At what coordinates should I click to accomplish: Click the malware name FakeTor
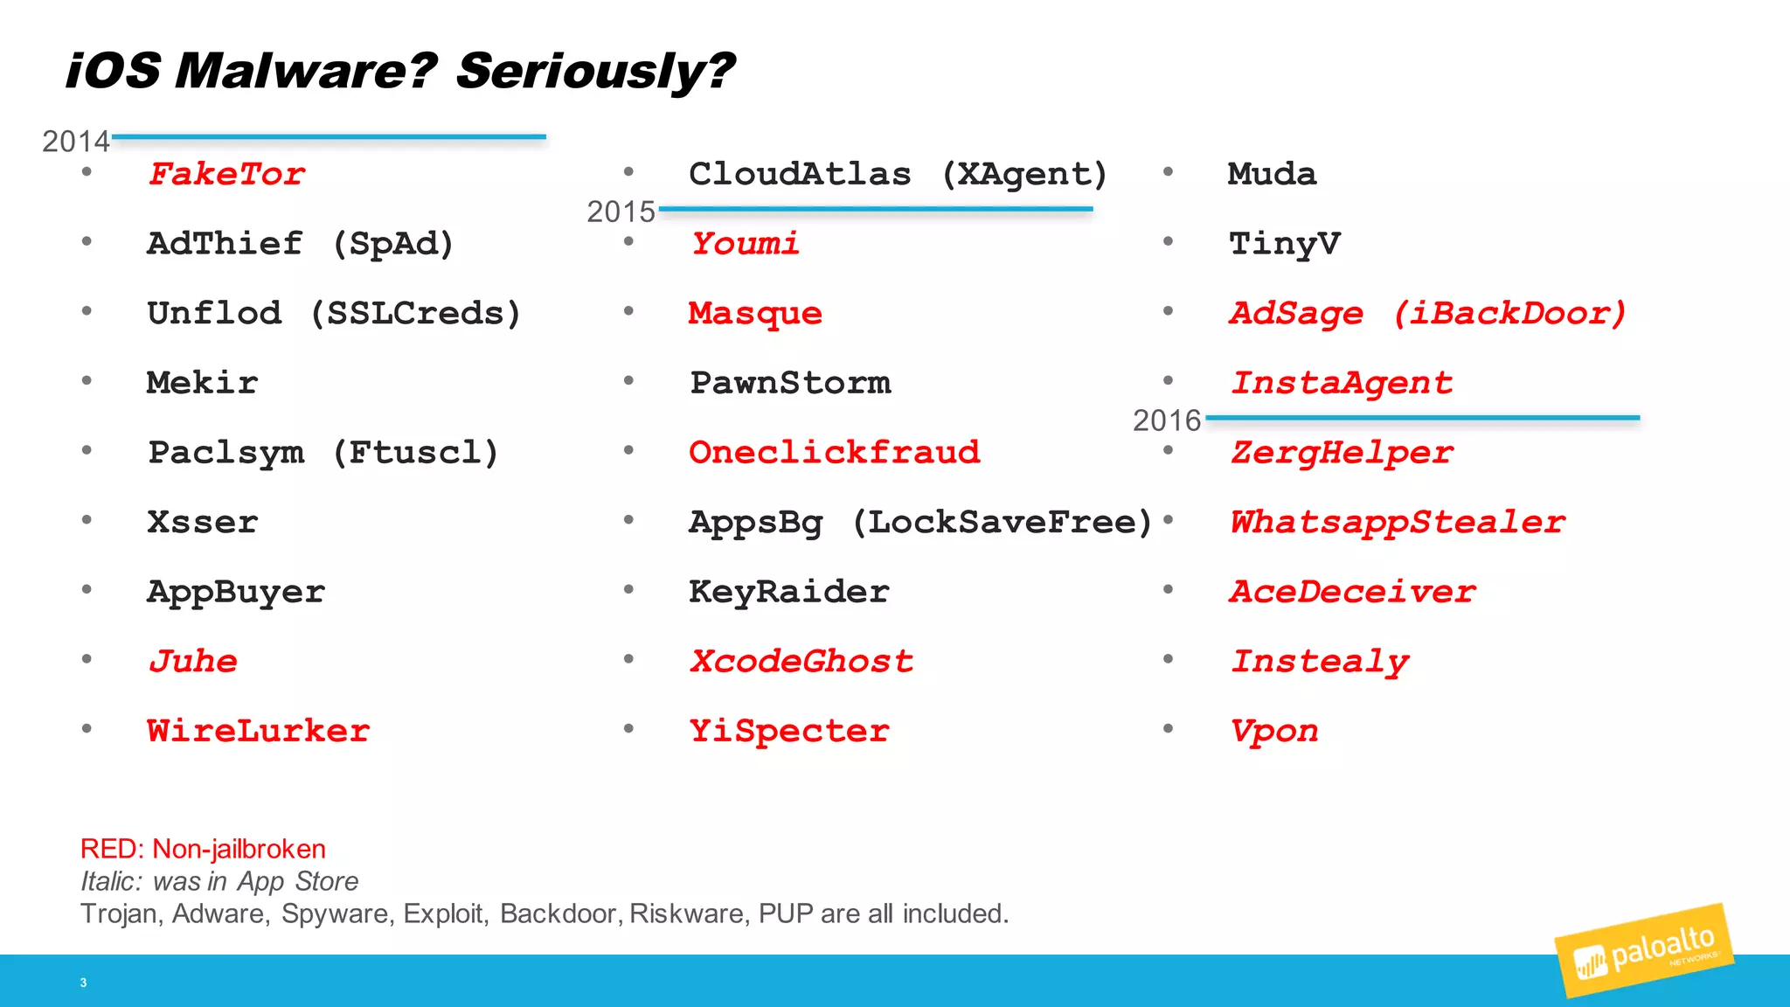[x=226, y=173]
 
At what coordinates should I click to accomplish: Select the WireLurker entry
[x=258, y=730]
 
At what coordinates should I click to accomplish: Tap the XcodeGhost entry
[x=801, y=661]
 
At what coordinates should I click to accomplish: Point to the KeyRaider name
[x=788, y=592]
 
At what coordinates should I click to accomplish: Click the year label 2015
[x=621, y=212]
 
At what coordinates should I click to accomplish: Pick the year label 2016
[x=1167, y=420]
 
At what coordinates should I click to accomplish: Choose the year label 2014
[x=76, y=142]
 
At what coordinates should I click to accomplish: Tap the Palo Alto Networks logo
[x=1643, y=951]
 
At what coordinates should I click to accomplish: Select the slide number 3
[x=83, y=983]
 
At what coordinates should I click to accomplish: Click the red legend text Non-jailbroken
[x=239, y=849]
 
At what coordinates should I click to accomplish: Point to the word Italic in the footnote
[x=110, y=881]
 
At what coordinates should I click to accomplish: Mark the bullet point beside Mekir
[x=87, y=380]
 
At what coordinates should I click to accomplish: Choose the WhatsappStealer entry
[x=1398, y=522]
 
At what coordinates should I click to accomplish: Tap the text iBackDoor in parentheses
[x=1510, y=313]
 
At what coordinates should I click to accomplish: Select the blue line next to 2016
[x=1422, y=418]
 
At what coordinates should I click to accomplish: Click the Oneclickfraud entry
[x=834, y=452]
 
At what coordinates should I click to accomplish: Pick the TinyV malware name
[x=1284, y=243]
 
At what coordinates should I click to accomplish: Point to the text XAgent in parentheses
[x=1023, y=174]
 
